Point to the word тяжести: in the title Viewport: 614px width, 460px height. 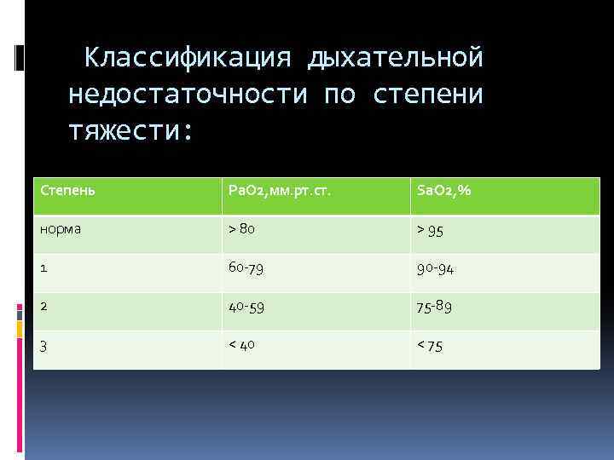tap(131, 130)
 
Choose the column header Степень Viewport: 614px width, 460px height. tap(68, 190)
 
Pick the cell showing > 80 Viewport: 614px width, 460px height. tap(240, 228)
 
